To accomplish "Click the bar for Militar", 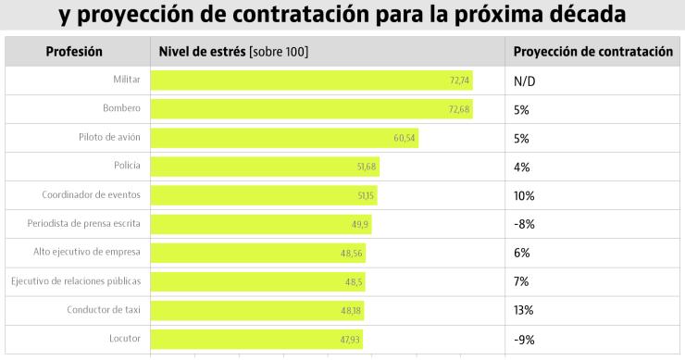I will point(311,81).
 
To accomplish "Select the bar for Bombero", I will point(311,109).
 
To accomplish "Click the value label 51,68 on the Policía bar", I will point(367,168).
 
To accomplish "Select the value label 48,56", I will point(353,254).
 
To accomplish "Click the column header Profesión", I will point(74,52).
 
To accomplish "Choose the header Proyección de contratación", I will point(592,52).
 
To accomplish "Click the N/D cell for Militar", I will point(525,81).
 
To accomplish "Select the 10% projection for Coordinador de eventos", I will point(524,196).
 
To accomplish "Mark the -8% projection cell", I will point(524,225).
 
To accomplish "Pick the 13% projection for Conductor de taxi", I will point(523,310).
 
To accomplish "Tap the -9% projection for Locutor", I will point(524,339).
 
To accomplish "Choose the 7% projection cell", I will point(521,281).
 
